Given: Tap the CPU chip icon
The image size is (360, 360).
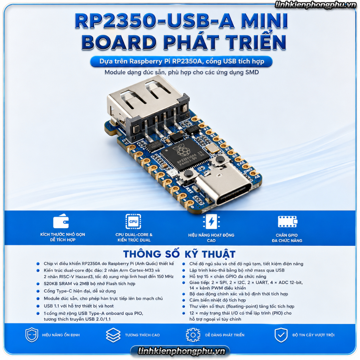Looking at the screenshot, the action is (x=133, y=221).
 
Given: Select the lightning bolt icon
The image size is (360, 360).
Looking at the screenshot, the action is (x=211, y=222).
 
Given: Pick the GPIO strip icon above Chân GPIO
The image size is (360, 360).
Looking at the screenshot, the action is (x=288, y=221).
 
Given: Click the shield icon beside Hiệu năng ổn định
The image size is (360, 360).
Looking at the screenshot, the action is (x=32, y=335).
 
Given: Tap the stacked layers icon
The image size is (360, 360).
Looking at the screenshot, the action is (x=113, y=335).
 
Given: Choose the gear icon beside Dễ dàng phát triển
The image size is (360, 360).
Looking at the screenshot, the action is (x=193, y=335).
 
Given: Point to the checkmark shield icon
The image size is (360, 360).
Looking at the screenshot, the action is (x=281, y=335).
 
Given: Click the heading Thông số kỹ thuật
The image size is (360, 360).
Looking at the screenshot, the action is (x=180, y=254).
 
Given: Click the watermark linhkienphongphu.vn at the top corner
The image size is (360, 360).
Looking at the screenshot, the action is (x=315, y=5).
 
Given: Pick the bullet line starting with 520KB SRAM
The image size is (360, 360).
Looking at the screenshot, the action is (x=90, y=284).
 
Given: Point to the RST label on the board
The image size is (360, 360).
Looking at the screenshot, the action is (x=189, y=190).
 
